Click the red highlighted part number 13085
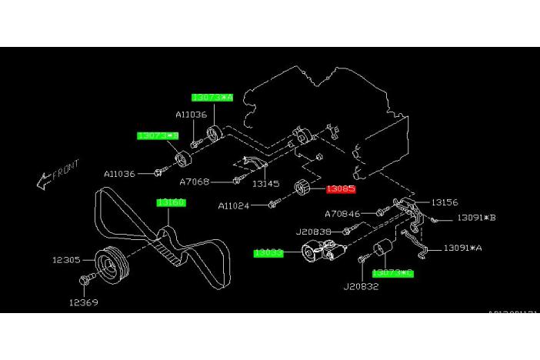(340, 188)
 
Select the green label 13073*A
(212, 98)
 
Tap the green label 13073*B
(158, 135)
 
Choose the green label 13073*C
(392, 272)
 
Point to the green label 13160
(170, 202)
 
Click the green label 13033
(269, 252)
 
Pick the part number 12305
(66, 260)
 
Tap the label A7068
(195, 182)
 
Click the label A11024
(234, 205)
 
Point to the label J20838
(313, 230)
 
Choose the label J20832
(361, 286)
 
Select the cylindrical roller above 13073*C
(382, 251)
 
